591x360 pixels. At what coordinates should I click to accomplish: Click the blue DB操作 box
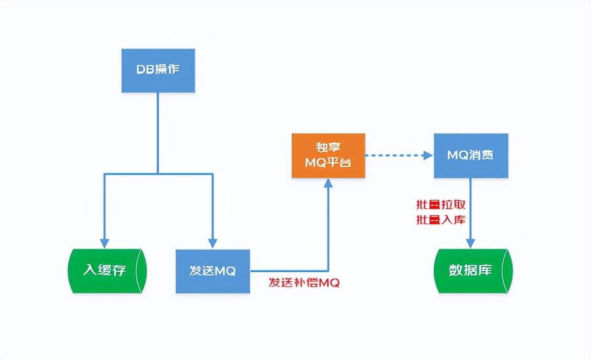pos(158,70)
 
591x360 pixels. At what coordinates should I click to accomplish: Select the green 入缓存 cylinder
pos(107,271)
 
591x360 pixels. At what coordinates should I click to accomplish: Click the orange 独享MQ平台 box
pos(328,155)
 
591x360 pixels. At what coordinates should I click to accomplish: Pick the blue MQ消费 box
pos(471,156)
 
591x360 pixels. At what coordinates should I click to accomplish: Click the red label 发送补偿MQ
pos(304,283)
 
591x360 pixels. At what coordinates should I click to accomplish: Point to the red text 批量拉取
pos(440,205)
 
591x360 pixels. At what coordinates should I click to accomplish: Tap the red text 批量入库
pos(440,220)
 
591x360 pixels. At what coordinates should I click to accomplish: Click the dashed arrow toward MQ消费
pos(398,156)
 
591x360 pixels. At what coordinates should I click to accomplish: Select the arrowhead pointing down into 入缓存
pos(104,242)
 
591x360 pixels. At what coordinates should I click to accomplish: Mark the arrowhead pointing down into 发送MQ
pos(214,242)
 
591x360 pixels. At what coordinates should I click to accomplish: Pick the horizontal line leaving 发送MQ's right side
pos(288,271)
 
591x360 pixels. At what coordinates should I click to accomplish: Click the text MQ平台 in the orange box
pos(328,162)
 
